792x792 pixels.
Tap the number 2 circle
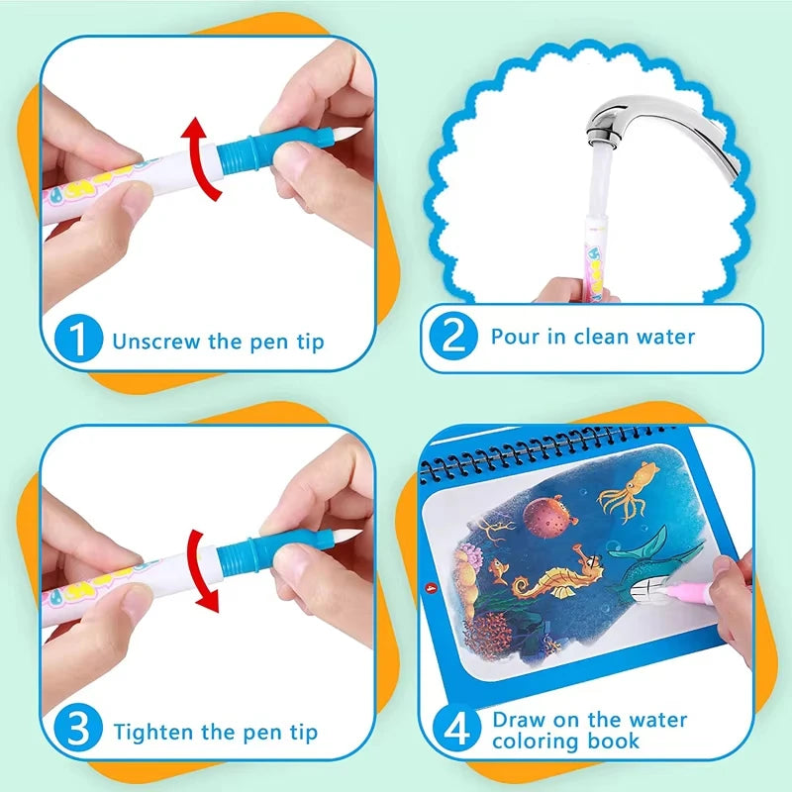[454, 337]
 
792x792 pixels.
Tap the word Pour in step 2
[513, 336]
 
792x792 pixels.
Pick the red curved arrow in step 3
[204, 566]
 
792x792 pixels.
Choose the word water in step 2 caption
[662, 337]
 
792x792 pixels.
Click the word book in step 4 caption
[616, 741]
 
